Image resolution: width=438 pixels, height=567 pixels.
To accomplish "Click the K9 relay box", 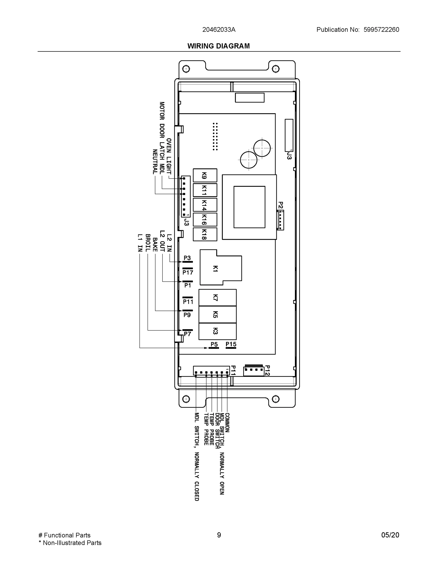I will (x=205, y=175).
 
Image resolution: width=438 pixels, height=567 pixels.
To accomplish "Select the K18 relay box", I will (x=205, y=234).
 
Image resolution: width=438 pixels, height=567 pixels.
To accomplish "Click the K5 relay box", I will (x=217, y=314).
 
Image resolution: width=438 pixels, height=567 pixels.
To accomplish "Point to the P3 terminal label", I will (x=187, y=258).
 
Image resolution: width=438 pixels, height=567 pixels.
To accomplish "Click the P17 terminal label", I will (x=188, y=272).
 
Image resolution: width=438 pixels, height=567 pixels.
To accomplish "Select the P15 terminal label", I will (x=231, y=344).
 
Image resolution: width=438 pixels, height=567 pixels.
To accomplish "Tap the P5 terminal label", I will (x=214, y=344).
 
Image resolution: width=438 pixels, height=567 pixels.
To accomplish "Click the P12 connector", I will (x=254, y=371).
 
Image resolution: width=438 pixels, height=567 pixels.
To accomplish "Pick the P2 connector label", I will (x=281, y=205).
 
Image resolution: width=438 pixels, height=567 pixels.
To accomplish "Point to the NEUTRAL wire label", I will (x=155, y=162).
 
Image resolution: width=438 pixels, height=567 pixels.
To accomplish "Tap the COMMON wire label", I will (x=227, y=423).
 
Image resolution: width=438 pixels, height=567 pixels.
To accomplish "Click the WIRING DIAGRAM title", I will (x=218, y=46).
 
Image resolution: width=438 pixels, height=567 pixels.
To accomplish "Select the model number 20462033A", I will (x=219, y=30).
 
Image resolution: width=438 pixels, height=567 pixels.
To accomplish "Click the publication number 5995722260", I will (x=381, y=30).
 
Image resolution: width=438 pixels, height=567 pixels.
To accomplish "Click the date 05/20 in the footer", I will (x=390, y=535).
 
